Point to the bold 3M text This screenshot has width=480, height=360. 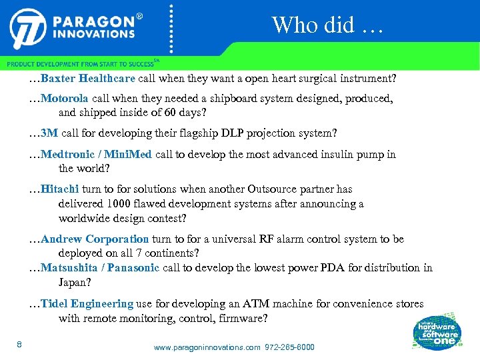(x=49, y=133)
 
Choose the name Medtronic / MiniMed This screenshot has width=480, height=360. (x=97, y=155)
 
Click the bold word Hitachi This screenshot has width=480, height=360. (x=59, y=189)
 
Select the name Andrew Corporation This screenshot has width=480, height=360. (x=95, y=239)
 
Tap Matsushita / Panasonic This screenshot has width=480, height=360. (x=100, y=268)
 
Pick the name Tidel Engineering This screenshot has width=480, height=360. (x=87, y=304)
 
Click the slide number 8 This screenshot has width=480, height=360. (x=19, y=344)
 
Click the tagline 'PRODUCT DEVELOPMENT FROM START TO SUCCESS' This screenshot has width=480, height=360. (x=80, y=64)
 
